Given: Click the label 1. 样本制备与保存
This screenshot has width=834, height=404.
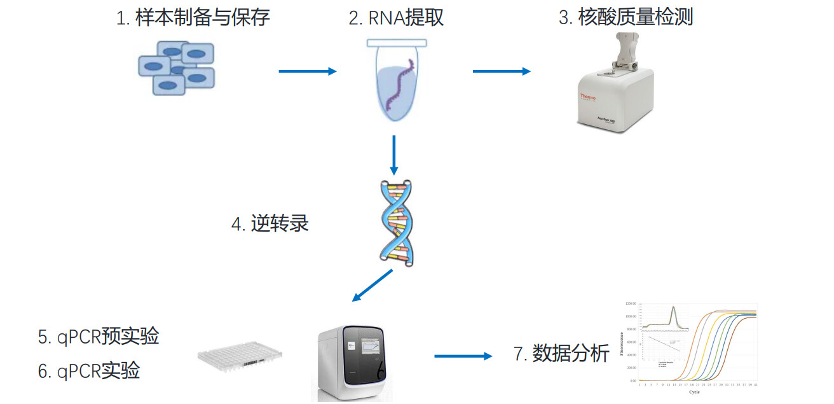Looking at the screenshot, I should (x=193, y=17).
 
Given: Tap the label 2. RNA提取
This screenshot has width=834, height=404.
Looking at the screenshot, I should (x=395, y=17).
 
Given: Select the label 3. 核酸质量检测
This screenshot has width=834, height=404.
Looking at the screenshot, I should (x=625, y=17).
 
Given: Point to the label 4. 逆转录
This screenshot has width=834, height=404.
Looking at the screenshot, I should (x=270, y=224).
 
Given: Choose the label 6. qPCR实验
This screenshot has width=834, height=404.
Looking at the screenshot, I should (x=89, y=371).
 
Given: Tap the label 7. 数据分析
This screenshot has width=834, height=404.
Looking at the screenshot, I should (x=561, y=354).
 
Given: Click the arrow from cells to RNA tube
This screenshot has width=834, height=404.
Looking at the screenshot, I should (x=307, y=71).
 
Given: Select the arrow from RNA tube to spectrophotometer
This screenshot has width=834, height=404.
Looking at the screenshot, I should (x=501, y=71).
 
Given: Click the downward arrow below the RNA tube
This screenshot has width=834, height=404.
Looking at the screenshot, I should (x=394, y=155).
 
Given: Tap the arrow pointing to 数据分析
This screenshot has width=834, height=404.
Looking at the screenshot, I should (x=463, y=356).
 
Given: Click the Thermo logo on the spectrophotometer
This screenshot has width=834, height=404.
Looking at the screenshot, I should (x=586, y=97).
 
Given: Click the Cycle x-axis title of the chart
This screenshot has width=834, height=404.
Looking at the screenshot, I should (x=695, y=392).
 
